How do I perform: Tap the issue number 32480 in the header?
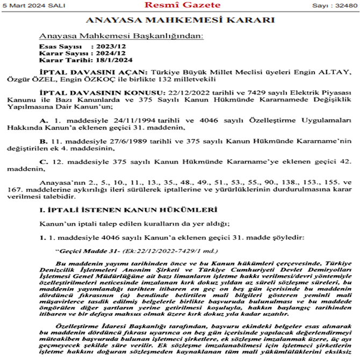click(345, 5)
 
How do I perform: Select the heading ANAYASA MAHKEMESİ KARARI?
click(180, 21)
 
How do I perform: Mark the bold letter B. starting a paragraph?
click(44, 141)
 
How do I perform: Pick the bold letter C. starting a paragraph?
click(44, 162)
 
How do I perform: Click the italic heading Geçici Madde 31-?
click(80, 250)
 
